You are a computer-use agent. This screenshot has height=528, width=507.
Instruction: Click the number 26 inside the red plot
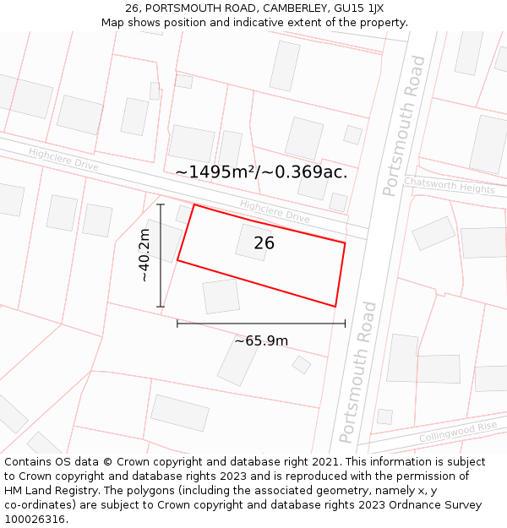(x=264, y=243)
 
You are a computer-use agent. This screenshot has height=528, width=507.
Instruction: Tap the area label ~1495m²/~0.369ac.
(x=261, y=172)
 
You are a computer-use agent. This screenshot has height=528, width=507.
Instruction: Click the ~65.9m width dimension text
(x=261, y=341)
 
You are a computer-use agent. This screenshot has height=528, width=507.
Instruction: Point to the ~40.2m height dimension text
(x=144, y=255)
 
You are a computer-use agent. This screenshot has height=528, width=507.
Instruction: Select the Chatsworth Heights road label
(x=449, y=186)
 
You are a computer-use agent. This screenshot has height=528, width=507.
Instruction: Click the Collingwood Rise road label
(x=458, y=433)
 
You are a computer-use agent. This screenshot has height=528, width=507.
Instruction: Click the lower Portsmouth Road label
(x=357, y=373)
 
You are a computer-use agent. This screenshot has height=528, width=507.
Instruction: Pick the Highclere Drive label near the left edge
(x=63, y=159)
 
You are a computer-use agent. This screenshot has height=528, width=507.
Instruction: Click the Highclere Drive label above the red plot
(x=275, y=210)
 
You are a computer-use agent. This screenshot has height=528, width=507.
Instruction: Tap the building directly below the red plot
(x=221, y=297)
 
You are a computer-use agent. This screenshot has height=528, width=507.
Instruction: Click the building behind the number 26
(x=253, y=242)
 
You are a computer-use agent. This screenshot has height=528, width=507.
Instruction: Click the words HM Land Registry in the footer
(x=46, y=490)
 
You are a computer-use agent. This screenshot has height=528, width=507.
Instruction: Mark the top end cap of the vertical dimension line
(x=161, y=204)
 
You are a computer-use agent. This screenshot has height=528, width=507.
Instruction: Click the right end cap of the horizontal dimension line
(x=345, y=323)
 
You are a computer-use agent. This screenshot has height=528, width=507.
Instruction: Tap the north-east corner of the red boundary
(x=345, y=243)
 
